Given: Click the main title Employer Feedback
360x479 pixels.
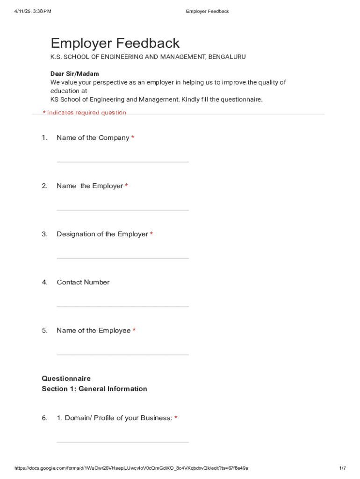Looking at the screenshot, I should pyautogui.click(x=115, y=44).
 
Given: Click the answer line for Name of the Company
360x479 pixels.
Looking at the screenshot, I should pyautogui.click(x=122, y=162).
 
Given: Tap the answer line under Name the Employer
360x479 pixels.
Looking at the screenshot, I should pyautogui.click(x=122, y=210).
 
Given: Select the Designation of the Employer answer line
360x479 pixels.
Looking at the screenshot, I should pyautogui.click(x=122, y=258).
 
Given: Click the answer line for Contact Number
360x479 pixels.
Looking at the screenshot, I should pyautogui.click(x=122, y=306).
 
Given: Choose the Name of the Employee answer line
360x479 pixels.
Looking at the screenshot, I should pyautogui.click(x=122, y=355).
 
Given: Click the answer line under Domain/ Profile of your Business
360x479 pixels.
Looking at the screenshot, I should pyautogui.click(x=122, y=442).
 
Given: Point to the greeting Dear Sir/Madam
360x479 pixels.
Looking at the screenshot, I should pyautogui.click(x=75, y=74).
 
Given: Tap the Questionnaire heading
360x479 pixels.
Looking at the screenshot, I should pyautogui.click(x=66, y=378).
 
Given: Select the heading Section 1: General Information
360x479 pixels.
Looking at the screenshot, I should pyautogui.click(x=94, y=389).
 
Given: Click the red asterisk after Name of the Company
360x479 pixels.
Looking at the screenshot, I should pyautogui.click(x=133, y=138).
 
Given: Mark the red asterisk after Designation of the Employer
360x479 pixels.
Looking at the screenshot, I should pyautogui.click(x=151, y=234).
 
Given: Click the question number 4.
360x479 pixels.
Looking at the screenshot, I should pyautogui.click(x=45, y=282).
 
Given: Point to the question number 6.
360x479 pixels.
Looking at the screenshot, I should pyautogui.click(x=45, y=418).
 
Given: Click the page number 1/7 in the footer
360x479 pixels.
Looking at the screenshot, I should pyautogui.click(x=342, y=468).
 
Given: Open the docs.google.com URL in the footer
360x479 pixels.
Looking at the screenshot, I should pyautogui.click(x=131, y=468).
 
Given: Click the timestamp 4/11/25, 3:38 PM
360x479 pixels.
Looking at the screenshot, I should pyautogui.click(x=32, y=11).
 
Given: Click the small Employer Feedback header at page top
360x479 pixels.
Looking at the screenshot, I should pyautogui.click(x=207, y=11).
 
